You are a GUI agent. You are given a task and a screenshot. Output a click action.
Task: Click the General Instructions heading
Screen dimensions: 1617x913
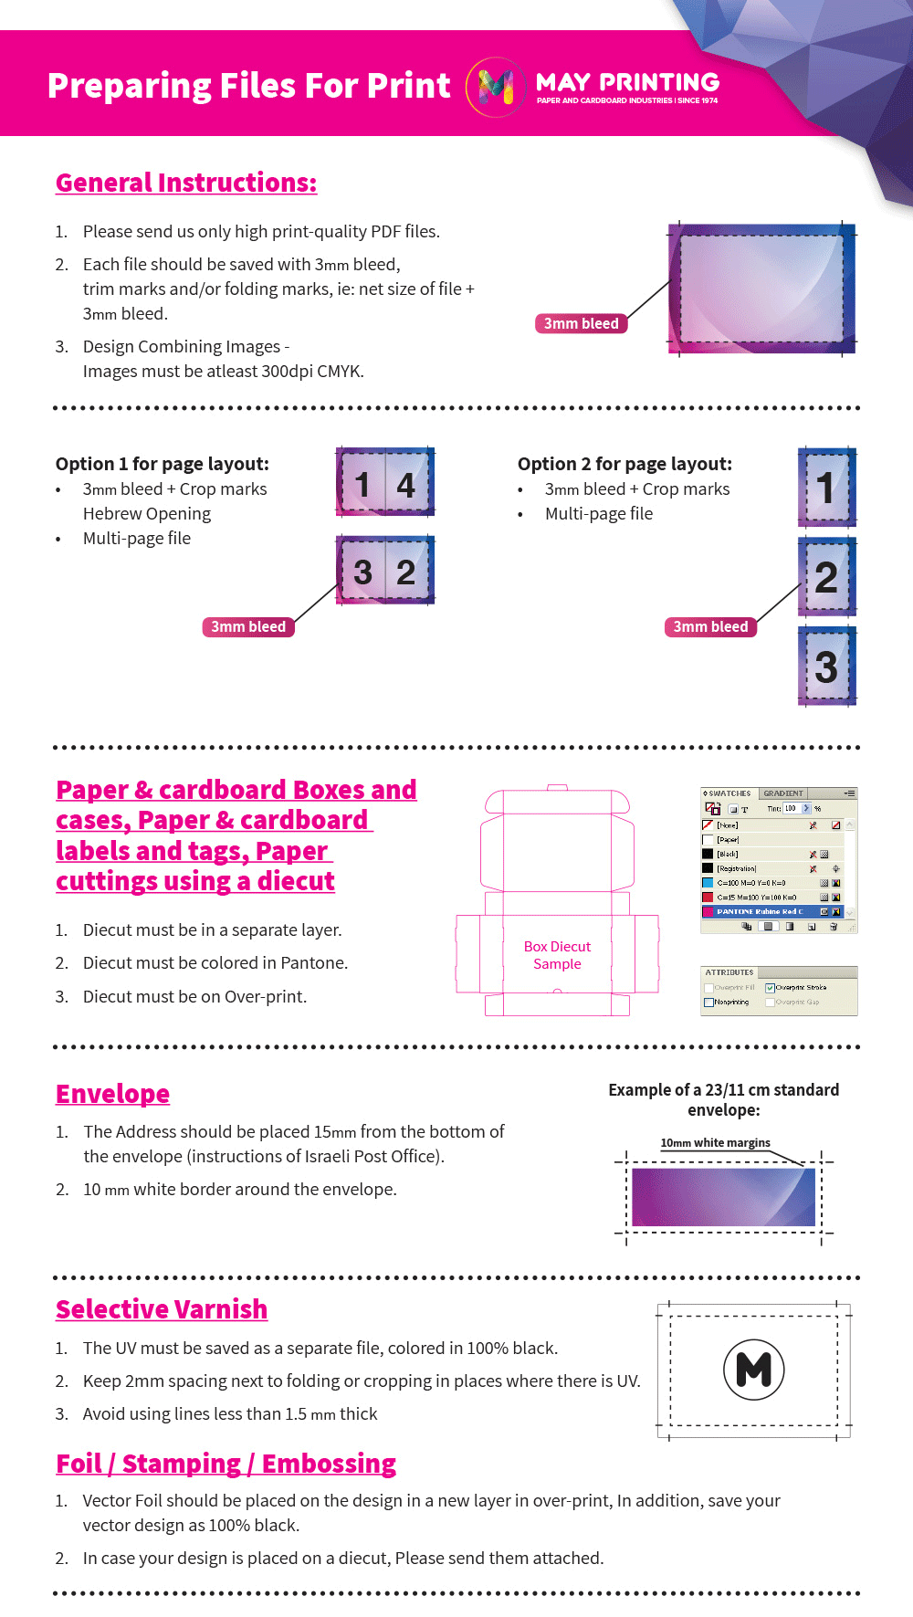click(186, 183)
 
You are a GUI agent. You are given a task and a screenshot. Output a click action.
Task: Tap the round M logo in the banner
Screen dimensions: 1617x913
click(496, 87)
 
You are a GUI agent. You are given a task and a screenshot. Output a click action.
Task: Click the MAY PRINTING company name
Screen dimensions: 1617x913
click(627, 82)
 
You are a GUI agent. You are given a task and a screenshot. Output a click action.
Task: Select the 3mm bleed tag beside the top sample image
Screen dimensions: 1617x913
click(581, 323)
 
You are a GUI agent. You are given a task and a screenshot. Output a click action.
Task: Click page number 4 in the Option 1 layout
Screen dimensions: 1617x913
click(406, 485)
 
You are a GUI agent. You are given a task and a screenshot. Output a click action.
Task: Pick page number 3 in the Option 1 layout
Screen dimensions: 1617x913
click(362, 572)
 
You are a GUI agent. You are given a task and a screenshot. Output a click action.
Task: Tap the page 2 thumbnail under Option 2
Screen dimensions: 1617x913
click(826, 577)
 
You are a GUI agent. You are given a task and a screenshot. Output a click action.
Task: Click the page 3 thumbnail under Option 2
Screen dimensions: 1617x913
click(826, 667)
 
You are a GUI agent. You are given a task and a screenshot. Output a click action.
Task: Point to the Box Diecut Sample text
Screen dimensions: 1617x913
click(557, 955)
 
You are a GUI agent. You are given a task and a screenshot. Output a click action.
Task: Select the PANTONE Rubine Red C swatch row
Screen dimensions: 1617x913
click(767, 911)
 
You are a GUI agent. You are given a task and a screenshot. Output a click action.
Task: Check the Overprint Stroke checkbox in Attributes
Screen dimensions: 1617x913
click(770, 987)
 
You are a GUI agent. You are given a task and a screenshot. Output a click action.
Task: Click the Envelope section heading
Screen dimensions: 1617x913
click(112, 1094)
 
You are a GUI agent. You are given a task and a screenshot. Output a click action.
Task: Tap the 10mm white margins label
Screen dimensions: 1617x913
click(715, 1142)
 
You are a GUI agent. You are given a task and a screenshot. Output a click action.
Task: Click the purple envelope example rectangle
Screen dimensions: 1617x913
click(723, 1197)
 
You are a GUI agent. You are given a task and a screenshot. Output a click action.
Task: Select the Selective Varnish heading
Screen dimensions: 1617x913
click(162, 1309)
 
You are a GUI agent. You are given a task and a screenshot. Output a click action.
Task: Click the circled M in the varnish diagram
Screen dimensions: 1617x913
click(753, 1370)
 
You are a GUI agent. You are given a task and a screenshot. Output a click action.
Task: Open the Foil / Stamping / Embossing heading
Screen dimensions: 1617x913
click(226, 1464)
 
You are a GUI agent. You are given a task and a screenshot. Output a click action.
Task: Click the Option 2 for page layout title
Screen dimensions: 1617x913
click(624, 464)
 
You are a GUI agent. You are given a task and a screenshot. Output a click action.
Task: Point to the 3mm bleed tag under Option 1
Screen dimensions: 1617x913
click(248, 626)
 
